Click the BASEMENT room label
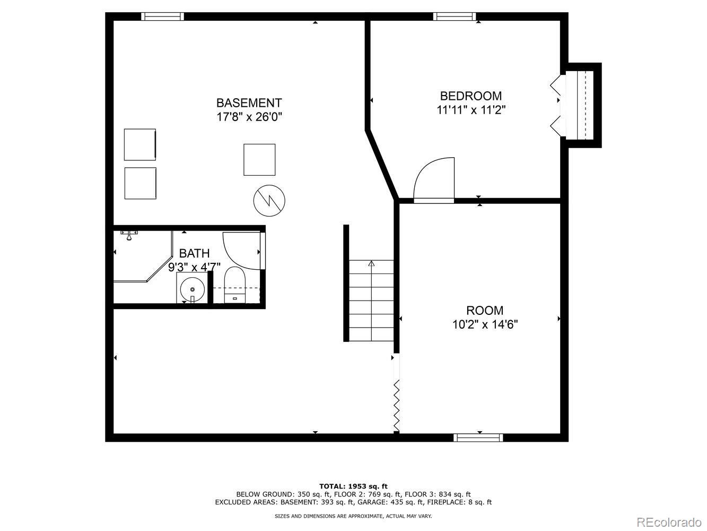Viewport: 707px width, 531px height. (x=249, y=102)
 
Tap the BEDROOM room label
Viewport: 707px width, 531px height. (x=470, y=96)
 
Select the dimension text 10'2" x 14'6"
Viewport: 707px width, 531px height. (x=485, y=324)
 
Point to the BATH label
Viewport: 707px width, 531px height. (x=194, y=253)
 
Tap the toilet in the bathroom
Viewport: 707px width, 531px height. (x=234, y=285)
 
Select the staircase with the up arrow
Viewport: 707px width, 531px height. (x=371, y=301)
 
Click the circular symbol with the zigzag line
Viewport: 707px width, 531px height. (x=269, y=200)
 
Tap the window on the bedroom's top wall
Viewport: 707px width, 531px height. (x=455, y=16)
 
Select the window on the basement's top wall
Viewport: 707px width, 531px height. (x=163, y=16)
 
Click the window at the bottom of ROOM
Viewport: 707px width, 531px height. (x=478, y=438)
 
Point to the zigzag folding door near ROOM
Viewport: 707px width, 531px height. (x=396, y=405)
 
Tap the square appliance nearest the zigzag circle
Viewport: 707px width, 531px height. (x=259, y=159)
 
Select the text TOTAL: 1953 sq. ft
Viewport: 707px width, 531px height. (x=353, y=486)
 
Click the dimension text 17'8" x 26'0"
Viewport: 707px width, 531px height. (x=249, y=117)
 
